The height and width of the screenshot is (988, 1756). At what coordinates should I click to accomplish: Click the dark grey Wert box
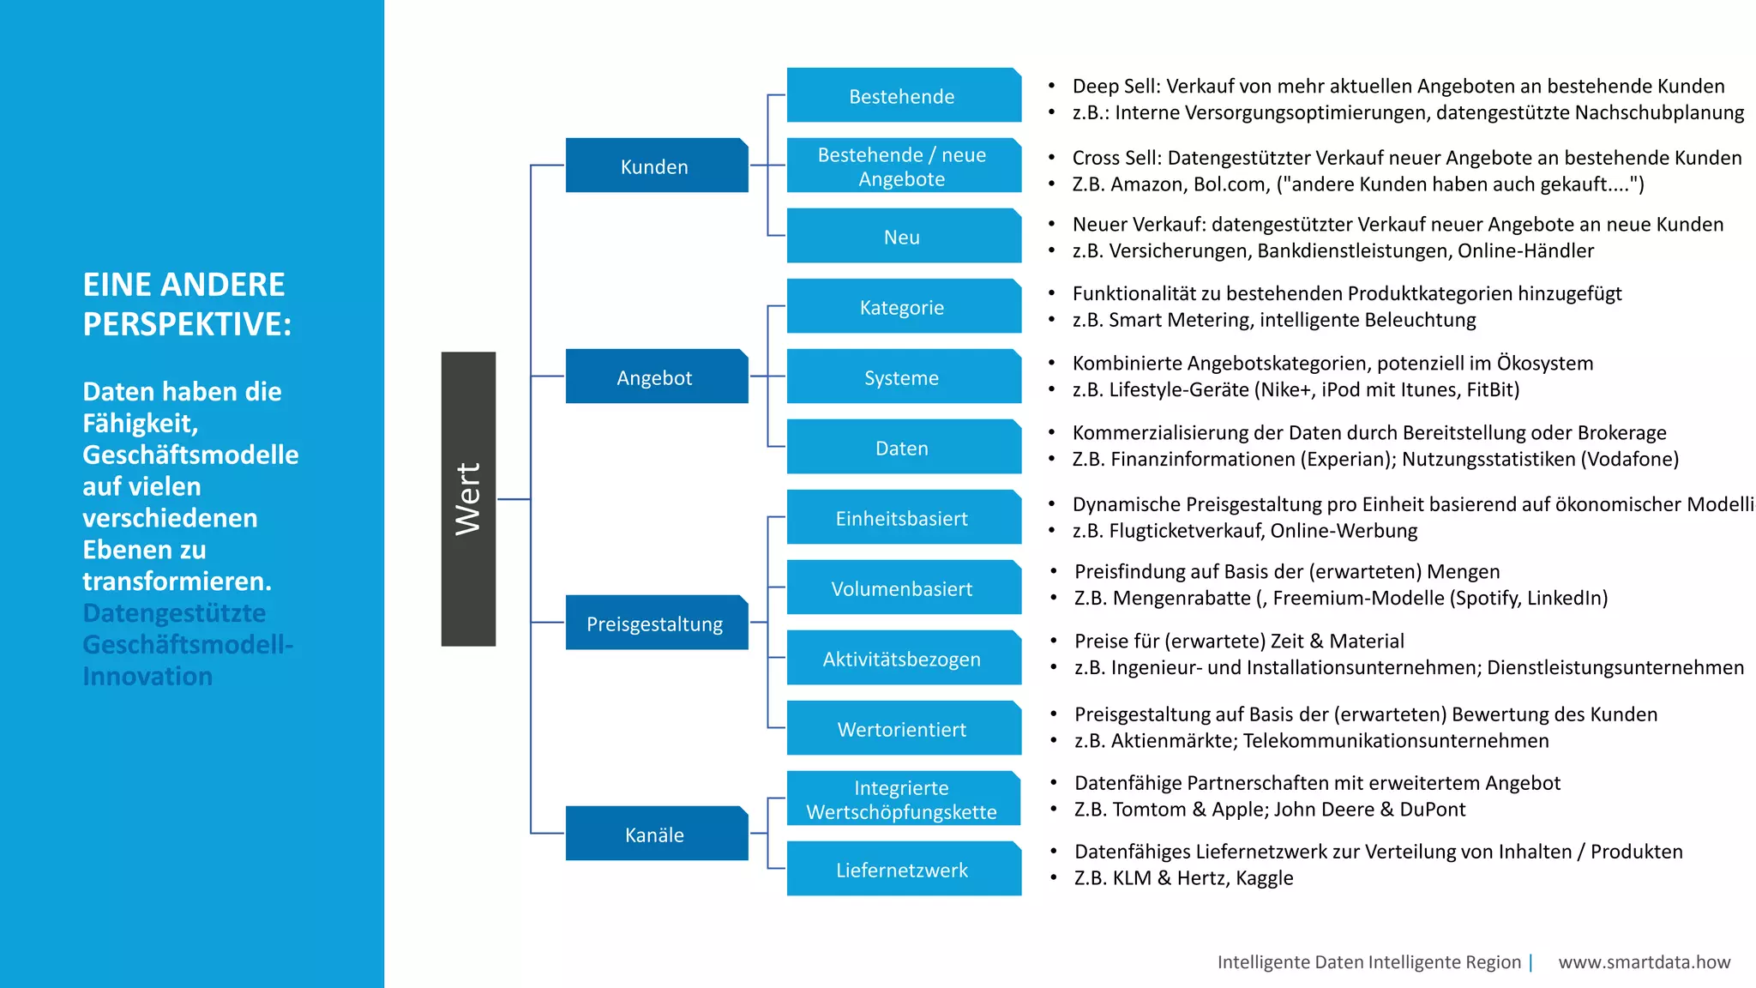tap(468, 498)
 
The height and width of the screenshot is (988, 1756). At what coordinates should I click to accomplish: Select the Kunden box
tap(656, 166)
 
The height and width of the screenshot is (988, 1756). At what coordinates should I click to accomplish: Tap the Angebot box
tap(656, 377)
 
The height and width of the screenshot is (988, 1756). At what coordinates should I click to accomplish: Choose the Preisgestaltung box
tap(656, 623)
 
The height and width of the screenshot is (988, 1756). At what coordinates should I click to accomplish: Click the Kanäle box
tap(656, 834)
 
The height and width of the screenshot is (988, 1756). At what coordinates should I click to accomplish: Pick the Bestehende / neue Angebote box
tap(903, 166)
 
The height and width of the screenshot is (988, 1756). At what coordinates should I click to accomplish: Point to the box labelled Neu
tap(903, 236)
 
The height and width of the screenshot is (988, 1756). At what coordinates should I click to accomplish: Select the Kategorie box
tap(903, 306)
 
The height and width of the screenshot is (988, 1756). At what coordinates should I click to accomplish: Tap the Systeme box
tap(903, 377)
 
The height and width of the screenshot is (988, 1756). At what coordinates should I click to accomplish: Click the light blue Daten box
tap(903, 447)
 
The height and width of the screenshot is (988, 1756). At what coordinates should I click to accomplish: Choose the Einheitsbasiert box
tap(903, 517)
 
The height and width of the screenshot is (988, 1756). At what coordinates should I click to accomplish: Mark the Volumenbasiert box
tap(903, 587)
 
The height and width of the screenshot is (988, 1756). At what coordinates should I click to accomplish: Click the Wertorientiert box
tap(903, 728)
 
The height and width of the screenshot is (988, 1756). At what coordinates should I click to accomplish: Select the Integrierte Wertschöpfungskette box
tap(903, 798)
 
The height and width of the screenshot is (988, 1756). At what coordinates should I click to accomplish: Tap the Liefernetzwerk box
tap(903, 869)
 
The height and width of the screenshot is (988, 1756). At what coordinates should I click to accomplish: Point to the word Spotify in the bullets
tap(1488, 598)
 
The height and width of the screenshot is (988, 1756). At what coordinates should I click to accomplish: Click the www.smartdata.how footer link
tap(1644, 962)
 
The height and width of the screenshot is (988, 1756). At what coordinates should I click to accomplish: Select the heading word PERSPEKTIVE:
tap(187, 324)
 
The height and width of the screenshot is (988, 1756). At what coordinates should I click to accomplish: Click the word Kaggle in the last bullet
tap(1264, 878)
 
